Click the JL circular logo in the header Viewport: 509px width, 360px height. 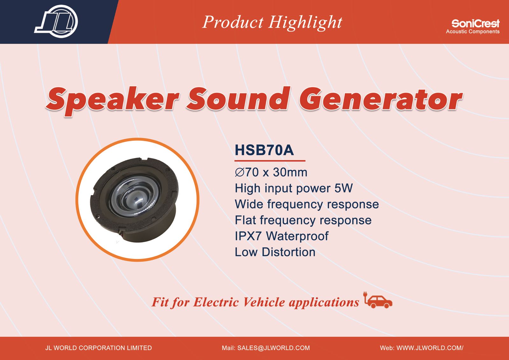(56, 21)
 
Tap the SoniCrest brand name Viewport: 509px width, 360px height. (475, 23)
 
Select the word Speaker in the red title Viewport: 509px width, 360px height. (113, 100)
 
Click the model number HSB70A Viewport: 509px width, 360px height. (264, 150)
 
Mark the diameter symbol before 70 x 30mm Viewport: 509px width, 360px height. (240, 173)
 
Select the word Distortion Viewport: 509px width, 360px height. (288, 252)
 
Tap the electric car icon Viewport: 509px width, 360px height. (378, 300)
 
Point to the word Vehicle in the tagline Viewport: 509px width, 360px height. (264, 302)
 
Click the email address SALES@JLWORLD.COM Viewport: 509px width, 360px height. (273, 348)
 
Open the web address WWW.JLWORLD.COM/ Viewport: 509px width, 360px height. (430, 348)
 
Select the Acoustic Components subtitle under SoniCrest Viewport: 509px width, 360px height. (473, 32)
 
